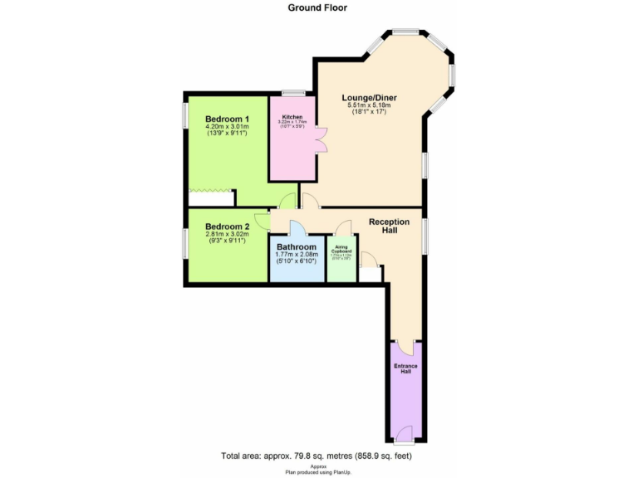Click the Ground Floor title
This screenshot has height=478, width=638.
317,7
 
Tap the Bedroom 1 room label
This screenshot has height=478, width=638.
227,119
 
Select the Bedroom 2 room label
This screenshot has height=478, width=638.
227,227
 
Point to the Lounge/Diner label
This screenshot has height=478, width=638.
370,98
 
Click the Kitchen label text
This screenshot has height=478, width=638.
292,117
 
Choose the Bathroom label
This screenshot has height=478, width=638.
297,247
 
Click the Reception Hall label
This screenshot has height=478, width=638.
390,226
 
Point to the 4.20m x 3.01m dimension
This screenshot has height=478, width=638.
227,126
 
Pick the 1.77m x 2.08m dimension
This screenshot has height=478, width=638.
297,255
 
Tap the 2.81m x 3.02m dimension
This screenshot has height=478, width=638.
227,234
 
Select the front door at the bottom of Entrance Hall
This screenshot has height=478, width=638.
404,432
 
